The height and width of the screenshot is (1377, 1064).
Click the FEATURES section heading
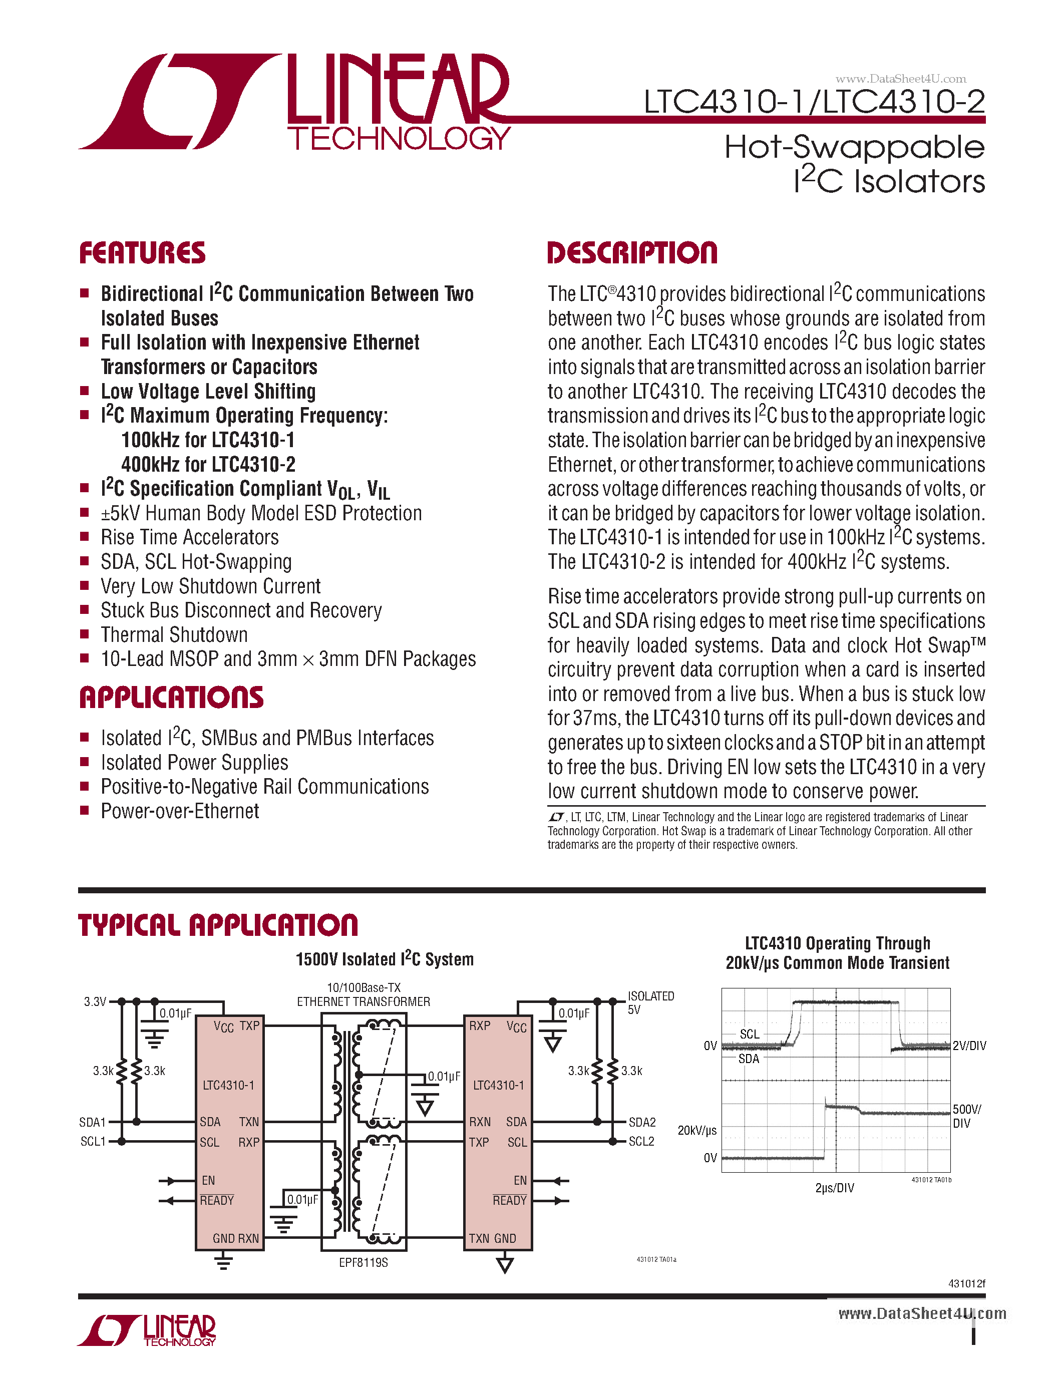[x=143, y=253]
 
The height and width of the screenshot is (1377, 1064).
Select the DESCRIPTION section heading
[x=632, y=253]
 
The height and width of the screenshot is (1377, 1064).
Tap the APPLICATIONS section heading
[x=171, y=698]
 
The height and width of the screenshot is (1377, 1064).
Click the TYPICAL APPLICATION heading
[x=218, y=925]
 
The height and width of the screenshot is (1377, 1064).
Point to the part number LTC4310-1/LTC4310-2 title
[x=814, y=102]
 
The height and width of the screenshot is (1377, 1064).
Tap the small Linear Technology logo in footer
[x=147, y=1330]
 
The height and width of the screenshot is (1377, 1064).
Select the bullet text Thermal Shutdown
[x=174, y=635]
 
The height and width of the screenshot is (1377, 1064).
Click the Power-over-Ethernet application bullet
[x=180, y=812]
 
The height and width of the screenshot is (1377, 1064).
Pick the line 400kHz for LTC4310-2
[x=208, y=465]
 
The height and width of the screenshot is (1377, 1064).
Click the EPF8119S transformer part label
[x=364, y=1263]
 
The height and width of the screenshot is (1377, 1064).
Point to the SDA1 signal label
[x=92, y=1122]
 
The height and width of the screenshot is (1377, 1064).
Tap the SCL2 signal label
[x=642, y=1142]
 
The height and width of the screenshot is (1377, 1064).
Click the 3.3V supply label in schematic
[x=95, y=1002]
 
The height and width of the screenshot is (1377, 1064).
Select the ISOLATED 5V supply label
[x=650, y=1002]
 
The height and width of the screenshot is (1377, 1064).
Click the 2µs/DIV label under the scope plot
[x=835, y=1188]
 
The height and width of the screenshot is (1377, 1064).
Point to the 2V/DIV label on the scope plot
[x=969, y=1046]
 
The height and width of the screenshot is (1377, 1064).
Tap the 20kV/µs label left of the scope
[x=696, y=1131]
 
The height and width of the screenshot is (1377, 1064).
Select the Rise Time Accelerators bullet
[x=190, y=538]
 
